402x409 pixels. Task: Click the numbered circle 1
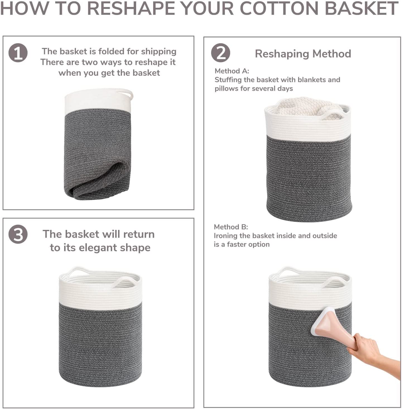point(18,53)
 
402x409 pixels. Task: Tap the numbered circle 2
point(220,53)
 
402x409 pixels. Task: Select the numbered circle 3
point(18,234)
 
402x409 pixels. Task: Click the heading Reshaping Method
point(303,54)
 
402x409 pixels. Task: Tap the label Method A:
point(232,71)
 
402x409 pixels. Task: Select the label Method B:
point(231,227)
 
